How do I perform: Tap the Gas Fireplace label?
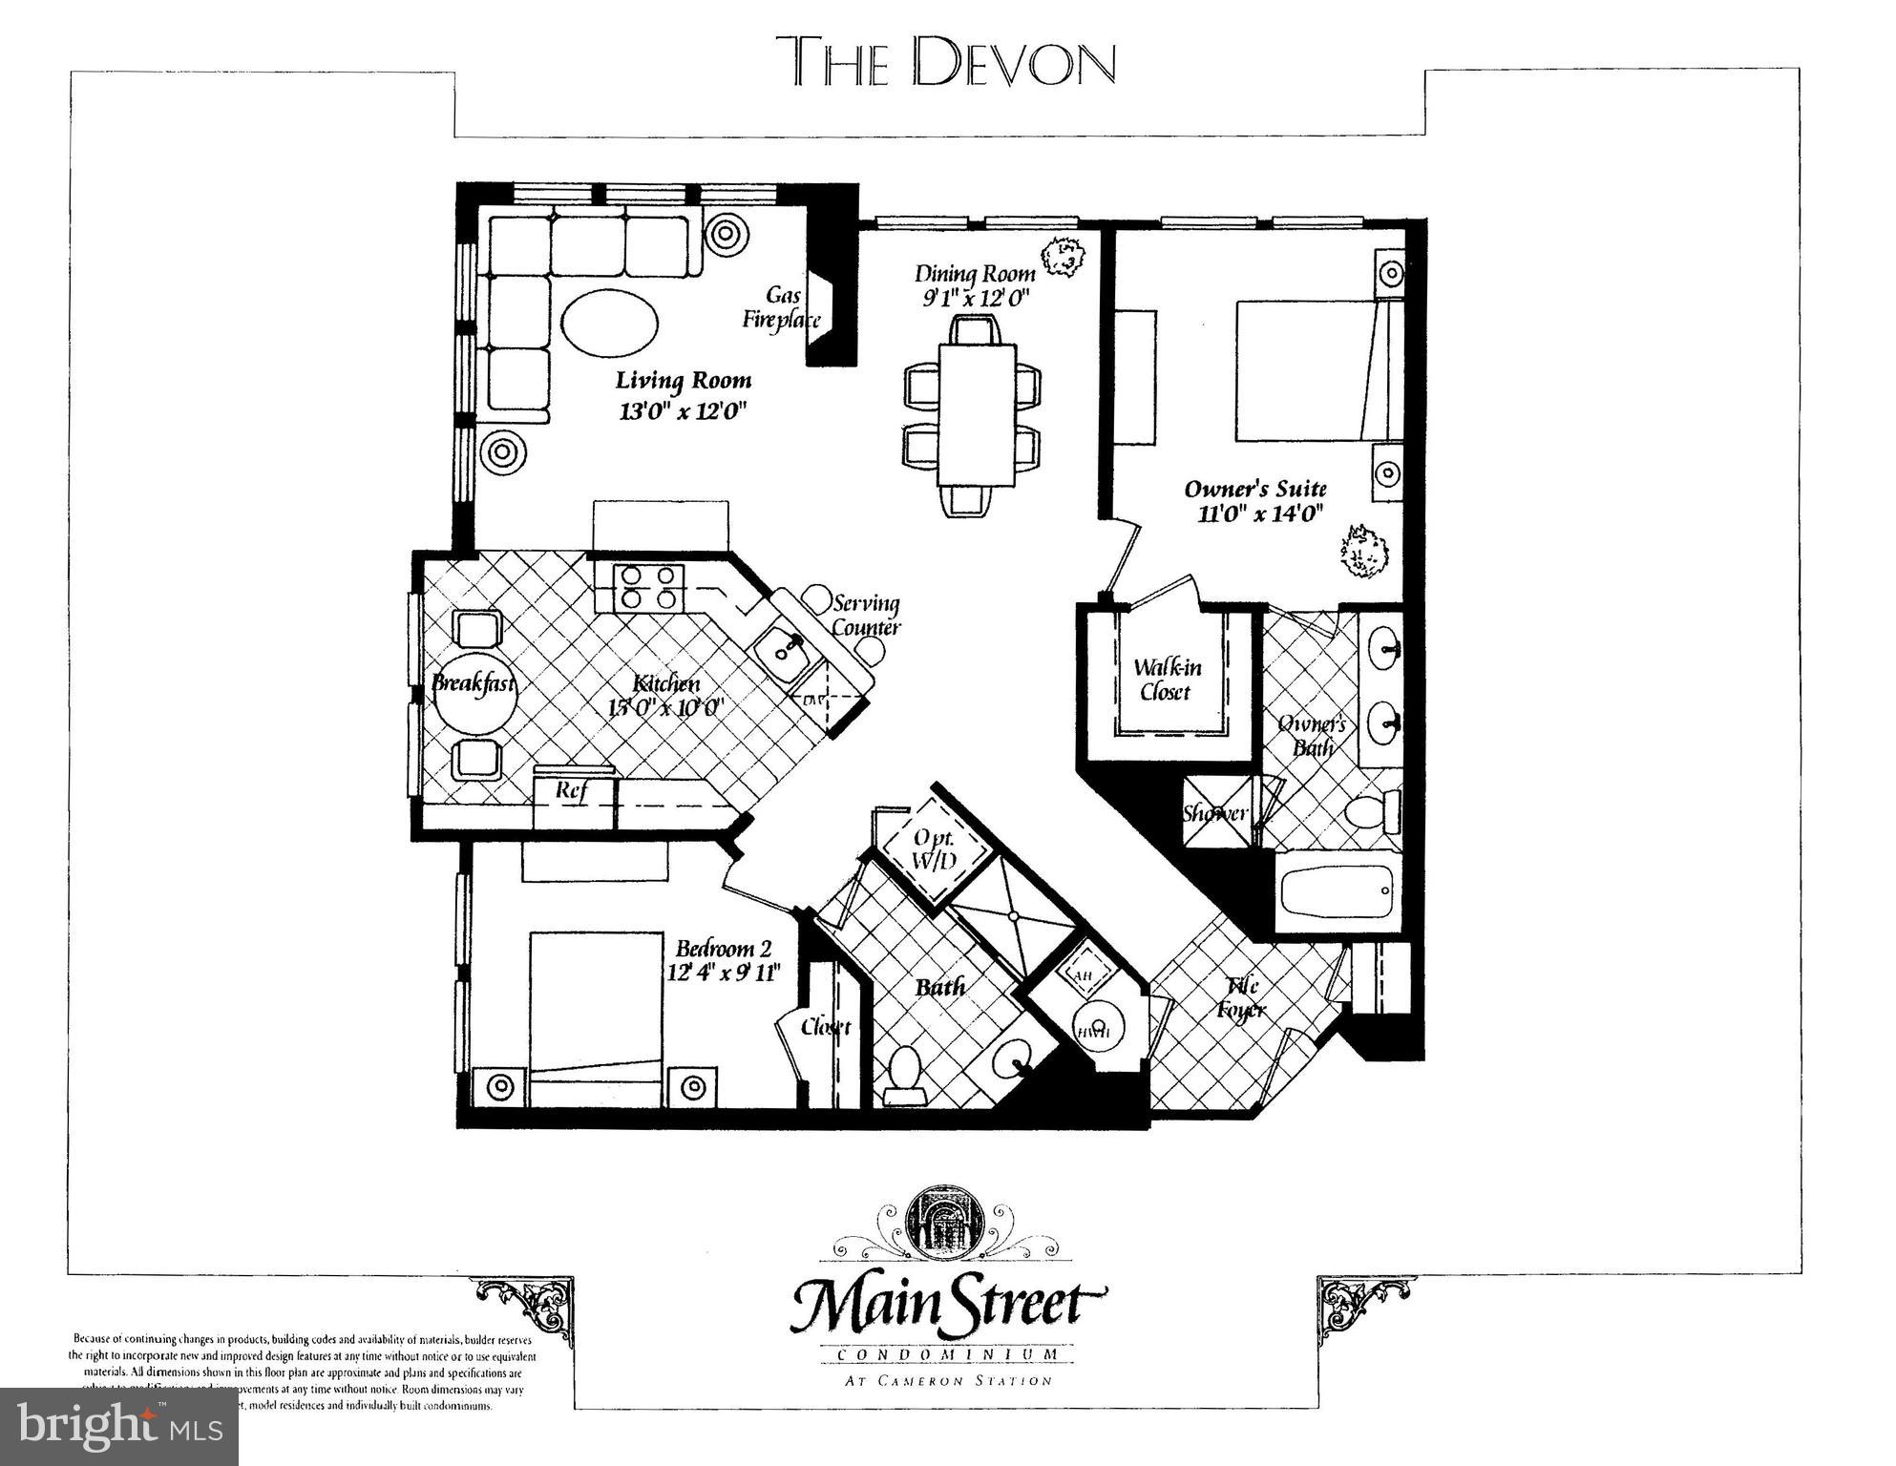782,307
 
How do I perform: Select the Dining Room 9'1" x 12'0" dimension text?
974,285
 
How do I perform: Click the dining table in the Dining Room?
976,414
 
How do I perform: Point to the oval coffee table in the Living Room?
609,323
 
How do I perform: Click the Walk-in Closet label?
1166,680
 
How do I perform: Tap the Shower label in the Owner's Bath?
1214,813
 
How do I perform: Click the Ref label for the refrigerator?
571,790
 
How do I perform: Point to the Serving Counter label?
866,616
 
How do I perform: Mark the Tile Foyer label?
1241,997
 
